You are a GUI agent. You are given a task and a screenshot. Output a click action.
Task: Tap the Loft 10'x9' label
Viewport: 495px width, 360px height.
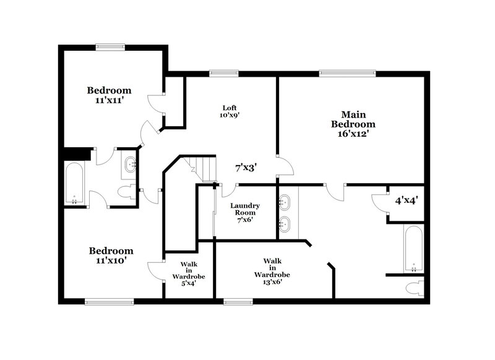pos(230,111)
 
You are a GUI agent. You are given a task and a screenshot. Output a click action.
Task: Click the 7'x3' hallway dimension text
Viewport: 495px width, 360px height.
pos(246,167)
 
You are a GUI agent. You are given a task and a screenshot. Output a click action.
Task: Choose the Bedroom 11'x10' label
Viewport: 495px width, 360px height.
pos(111,255)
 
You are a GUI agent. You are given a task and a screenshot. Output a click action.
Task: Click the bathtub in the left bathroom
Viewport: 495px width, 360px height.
pos(75,183)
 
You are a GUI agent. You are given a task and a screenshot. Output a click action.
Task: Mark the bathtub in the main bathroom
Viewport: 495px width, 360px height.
pos(413,249)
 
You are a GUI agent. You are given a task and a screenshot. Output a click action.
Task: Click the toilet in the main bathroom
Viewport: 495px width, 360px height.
pos(417,288)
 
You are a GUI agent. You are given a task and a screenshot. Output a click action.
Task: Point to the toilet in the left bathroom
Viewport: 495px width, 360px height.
pos(127,192)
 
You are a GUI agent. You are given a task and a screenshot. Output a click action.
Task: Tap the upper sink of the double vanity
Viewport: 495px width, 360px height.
pos(285,202)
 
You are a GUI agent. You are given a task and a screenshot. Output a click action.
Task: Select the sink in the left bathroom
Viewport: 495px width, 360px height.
pos(131,165)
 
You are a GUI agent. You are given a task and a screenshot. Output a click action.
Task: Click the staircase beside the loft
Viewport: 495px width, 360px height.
pos(200,168)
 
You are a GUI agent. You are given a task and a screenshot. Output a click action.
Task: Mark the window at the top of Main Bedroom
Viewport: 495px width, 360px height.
pos(347,73)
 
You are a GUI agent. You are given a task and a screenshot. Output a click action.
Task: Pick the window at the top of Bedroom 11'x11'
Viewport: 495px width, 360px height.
pos(110,45)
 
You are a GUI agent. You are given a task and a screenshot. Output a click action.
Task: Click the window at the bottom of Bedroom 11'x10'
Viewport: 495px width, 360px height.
pos(109,302)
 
